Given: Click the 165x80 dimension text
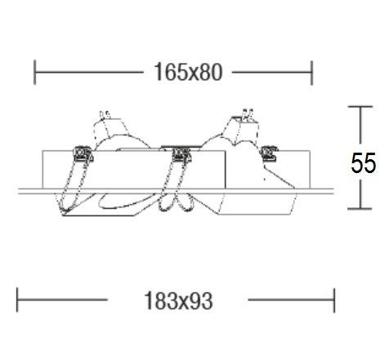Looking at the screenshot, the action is tap(188, 72).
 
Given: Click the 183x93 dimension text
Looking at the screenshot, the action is tap(178, 300).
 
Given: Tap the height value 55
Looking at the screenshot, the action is tap(363, 163).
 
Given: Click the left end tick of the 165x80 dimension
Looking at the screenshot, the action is tap(34, 73).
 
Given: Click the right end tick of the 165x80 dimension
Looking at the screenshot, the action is tap(312, 73).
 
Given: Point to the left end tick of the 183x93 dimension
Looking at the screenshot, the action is tap(17, 300).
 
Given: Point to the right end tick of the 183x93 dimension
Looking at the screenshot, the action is tap(334, 300).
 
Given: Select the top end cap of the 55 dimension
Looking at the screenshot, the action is tap(360, 107).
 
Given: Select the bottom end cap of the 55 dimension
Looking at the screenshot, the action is tap(360, 209).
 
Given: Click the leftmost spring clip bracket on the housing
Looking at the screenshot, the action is tap(83, 154).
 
